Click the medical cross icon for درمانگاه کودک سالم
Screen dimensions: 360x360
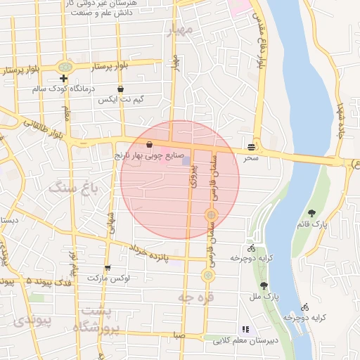point(64,77)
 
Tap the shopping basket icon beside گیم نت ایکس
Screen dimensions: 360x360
point(122,89)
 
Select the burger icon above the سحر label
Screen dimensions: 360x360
point(251,147)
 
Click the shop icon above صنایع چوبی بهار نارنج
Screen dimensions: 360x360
point(149,143)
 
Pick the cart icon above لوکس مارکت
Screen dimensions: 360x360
point(108,268)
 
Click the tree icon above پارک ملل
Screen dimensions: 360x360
point(264,285)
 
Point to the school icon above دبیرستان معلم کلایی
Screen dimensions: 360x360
point(245,329)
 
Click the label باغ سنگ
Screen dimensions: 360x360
point(73,189)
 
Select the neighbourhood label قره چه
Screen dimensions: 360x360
point(194,299)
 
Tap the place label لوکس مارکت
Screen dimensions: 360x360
point(108,278)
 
